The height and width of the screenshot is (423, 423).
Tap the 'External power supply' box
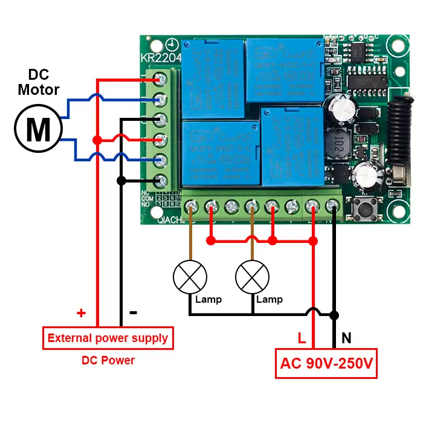(x=108, y=338)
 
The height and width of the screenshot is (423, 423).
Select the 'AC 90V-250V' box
(x=326, y=364)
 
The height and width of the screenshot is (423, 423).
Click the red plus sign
(x=81, y=313)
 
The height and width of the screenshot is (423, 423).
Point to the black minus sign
(x=134, y=312)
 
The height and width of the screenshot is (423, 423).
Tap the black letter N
(x=346, y=338)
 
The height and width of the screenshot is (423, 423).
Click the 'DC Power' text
(x=108, y=360)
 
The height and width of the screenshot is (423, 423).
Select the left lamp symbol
(x=190, y=277)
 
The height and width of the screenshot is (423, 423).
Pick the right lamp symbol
(x=252, y=277)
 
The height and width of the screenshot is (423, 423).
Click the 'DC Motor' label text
(x=39, y=83)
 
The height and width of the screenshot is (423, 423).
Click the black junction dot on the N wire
(x=334, y=314)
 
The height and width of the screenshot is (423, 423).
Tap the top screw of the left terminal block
(x=161, y=79)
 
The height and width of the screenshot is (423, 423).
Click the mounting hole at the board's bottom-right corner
(x=397, y=211)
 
